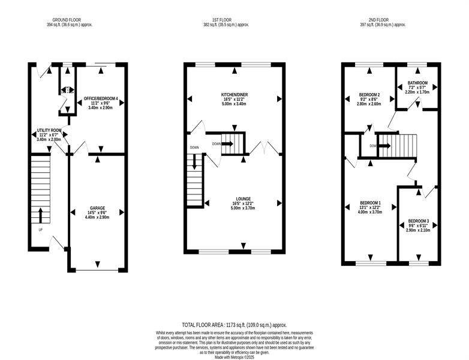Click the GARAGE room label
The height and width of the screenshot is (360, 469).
point(98,208)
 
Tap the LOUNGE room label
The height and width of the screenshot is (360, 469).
point(243,199)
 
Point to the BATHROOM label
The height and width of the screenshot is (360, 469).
point(417,83)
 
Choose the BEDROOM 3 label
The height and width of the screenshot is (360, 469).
point(418,221)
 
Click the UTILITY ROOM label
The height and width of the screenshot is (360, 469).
point(49,130)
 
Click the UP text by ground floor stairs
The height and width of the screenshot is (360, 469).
point(41,230)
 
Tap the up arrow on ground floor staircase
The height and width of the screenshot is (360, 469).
point(41,215)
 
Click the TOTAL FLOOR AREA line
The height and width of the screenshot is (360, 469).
point(235,325)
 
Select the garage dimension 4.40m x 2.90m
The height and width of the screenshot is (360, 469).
point(97,217)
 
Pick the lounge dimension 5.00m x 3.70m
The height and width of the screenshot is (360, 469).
point(243,208)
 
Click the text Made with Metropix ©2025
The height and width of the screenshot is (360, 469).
point(235,358)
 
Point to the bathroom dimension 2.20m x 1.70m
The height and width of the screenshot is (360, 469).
point(417,92)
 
